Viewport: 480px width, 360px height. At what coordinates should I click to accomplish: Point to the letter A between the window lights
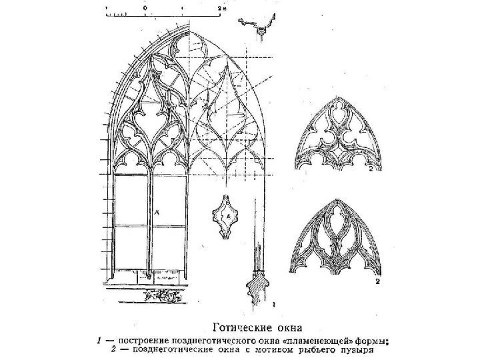coord(157,211)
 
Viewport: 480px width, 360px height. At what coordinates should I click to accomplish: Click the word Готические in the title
coord(241,327)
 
